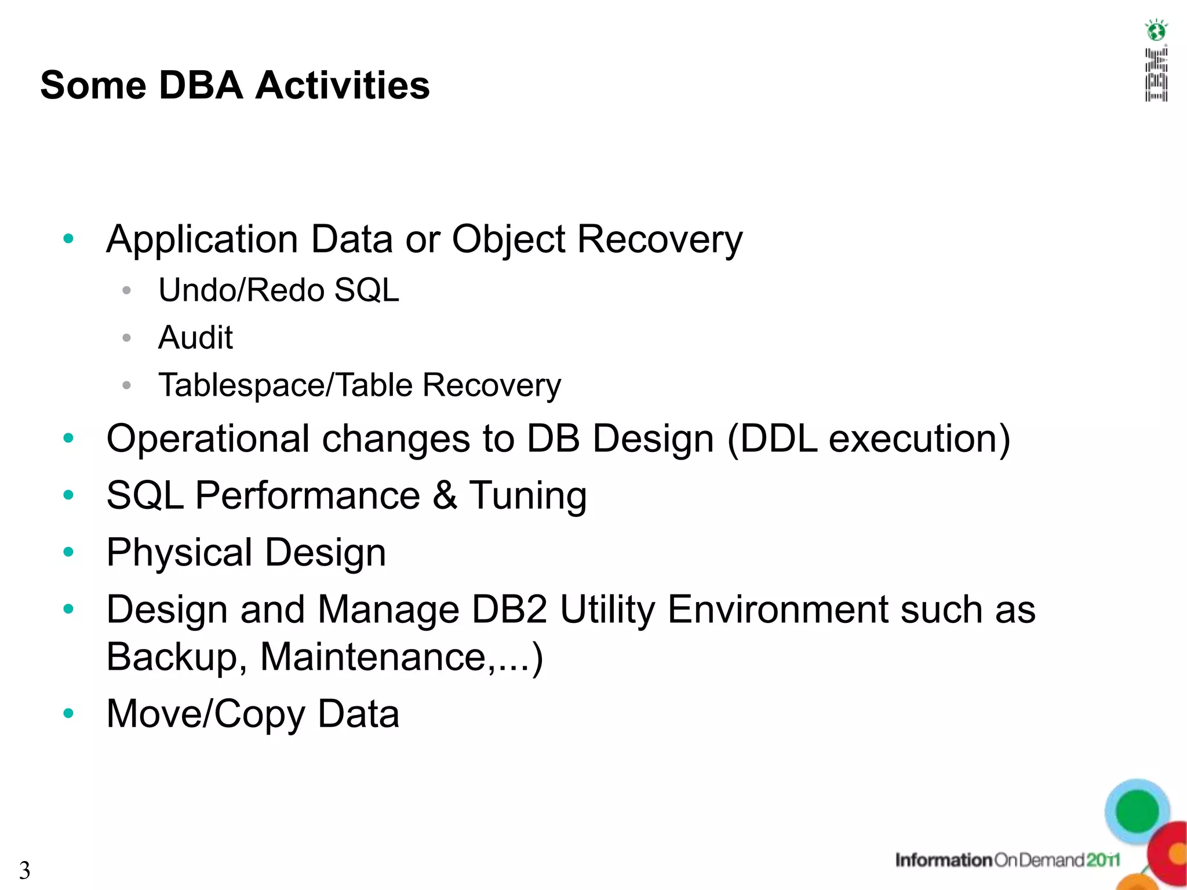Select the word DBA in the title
pyautogui.click(x=200, y=85)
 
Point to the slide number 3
pyautogui.click(x=24, y=870)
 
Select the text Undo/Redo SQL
pyautogui.click(x=279, y=290)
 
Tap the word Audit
pyautogui.click(x=195, y=337)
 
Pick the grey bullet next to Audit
pyautogui.click(x=127, y=338)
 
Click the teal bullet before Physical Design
pyautogui.click(x=68, y=552)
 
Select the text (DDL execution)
pyautogui.click(x=868, y=439)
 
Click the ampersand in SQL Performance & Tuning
pyautogui.click(x=445, y=495)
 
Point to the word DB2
pyautogui.click(x=509, y=610)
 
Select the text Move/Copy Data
pyautogui.click(x=253, y=714)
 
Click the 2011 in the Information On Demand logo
pyautogui.click(x=1102, y=860)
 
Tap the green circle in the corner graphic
pyautogui.click(x=1137, y=811)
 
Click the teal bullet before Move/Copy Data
pyautogui.click(x=68, y=713)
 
